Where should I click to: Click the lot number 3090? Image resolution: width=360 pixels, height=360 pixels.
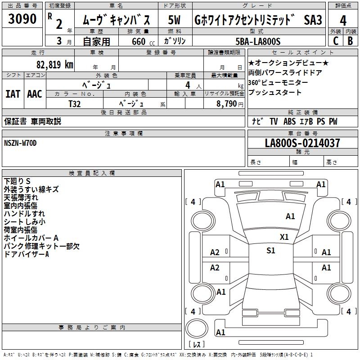pos(22,19)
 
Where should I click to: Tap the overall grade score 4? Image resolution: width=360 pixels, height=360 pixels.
pos(343,21)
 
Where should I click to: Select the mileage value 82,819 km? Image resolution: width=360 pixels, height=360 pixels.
pos(54,64)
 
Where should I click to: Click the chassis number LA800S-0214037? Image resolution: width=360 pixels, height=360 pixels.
pos(302,144)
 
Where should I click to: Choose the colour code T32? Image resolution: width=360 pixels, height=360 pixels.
pos(75,103)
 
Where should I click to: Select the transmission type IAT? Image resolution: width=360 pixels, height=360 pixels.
pos(13,94)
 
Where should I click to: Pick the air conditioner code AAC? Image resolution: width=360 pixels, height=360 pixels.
pos(35,94)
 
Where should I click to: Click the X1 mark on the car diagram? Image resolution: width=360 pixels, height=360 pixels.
pos(284,237)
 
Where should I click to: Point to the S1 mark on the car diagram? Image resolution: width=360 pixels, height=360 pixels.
pos(270,251)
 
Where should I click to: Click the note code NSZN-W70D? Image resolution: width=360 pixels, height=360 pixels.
pos(20,143)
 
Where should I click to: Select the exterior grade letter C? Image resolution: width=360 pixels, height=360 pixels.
pos(335,41)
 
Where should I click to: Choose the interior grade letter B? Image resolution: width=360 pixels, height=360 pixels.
pos(350,41)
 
